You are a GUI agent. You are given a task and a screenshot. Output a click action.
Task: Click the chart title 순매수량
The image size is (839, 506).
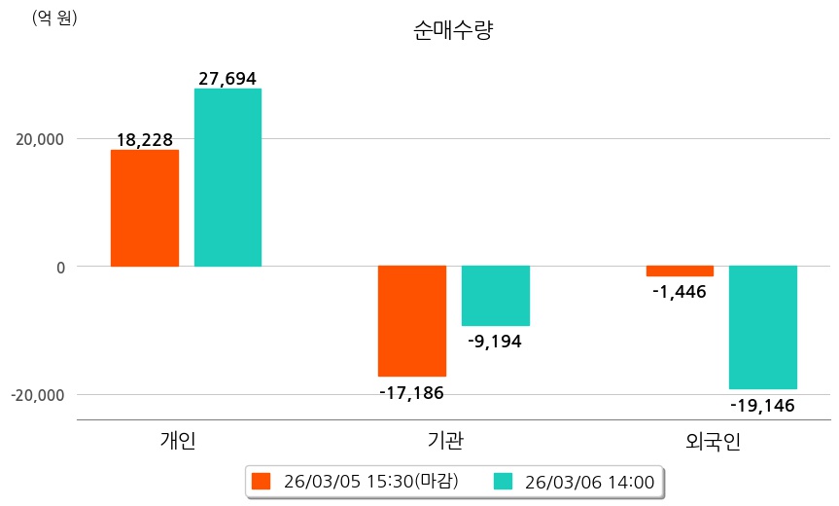pos(453,31)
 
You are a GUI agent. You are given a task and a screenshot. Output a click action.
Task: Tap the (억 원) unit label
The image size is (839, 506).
pos(54,18)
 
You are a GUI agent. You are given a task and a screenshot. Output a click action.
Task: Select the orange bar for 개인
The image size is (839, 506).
pos(144,208)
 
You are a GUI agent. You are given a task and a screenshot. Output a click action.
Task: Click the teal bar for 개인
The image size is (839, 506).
pos(227,177)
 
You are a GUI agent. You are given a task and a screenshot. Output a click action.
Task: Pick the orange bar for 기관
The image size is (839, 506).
pos(411,321)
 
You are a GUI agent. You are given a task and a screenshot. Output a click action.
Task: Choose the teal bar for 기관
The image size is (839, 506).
pos(495,296)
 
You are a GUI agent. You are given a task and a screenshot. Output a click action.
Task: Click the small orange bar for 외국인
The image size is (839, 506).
pos(680,271)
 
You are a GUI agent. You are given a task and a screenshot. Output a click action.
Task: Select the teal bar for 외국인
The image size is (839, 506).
pos(763,327)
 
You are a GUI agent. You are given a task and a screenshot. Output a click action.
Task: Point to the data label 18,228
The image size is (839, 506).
pos(144,140)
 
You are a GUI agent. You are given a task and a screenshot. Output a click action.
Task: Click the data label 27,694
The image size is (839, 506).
pos(227,79)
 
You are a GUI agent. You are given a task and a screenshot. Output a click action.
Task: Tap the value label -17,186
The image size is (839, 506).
pos(411,393)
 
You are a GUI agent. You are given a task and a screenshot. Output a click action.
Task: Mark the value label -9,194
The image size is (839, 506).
pos(495,342)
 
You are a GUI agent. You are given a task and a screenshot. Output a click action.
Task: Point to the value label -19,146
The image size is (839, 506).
pos(762,405)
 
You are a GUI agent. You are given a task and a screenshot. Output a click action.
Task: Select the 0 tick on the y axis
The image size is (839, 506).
pos(59,267)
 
